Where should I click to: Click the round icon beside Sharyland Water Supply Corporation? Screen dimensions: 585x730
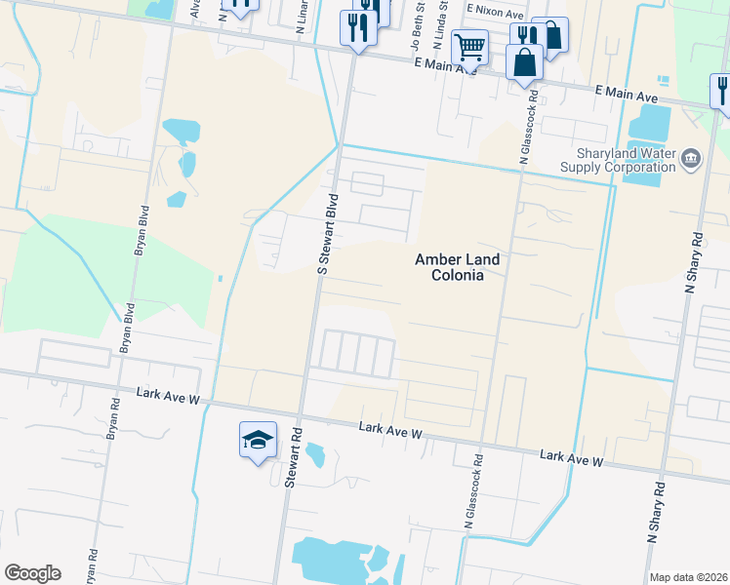(691, 158)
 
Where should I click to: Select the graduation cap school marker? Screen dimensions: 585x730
(258, 442)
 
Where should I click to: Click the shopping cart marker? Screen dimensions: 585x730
(470, 47)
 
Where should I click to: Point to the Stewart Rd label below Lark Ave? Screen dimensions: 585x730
(291, 456)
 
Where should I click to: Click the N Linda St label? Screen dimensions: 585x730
(443, 29)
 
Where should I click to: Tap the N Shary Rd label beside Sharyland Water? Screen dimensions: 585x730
(694, 261)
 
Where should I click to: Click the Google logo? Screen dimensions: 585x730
(32, 573)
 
